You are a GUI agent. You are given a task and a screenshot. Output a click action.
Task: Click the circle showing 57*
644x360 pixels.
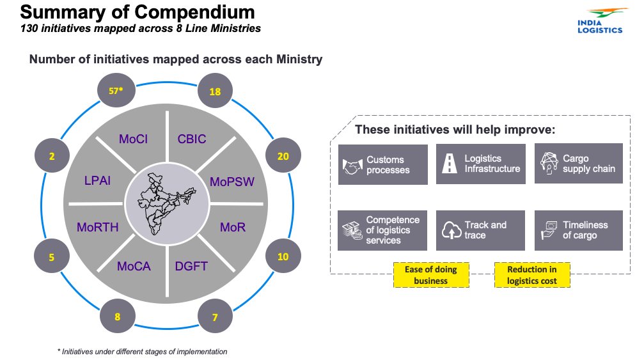(x=116, y=91)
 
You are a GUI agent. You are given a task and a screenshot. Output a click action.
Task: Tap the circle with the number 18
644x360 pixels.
(x=216, y=91)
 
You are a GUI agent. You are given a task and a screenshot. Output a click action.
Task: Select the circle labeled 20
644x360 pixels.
(x=283, y=156)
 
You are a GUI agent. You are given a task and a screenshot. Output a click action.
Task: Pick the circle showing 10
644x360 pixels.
(x=283, y=256)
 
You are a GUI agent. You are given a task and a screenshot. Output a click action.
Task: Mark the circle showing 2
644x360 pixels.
(x=51, y=156)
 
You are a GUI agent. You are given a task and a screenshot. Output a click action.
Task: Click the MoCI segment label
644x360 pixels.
(x=134, y=139)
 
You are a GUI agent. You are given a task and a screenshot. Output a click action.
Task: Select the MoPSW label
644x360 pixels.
(x=232, y=182)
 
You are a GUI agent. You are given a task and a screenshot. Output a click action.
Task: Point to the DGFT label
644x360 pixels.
(x=191, y=266)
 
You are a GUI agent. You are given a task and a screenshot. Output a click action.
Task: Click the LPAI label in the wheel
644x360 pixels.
(x=97, y=181)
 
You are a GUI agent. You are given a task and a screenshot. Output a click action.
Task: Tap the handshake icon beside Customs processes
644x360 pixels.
(x=352, y=165)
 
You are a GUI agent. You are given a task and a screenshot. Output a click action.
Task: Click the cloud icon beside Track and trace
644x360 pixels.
(x=452, y=230)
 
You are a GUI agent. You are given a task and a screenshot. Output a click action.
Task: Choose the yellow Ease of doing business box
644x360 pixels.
(x=431, y=275)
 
